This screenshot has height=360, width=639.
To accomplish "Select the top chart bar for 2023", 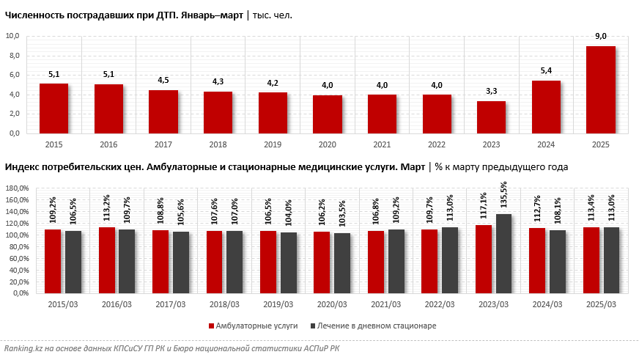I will (x=491, y=117).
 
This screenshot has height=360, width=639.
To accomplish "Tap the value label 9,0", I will (x=601, y=37).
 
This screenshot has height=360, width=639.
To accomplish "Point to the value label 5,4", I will (x=546, y=71).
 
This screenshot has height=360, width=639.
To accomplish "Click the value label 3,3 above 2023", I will (x=491, y=92).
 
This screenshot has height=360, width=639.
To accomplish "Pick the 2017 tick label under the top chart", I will (x=163, y=144).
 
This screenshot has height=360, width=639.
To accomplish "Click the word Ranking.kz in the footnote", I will (x=23, y=349).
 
